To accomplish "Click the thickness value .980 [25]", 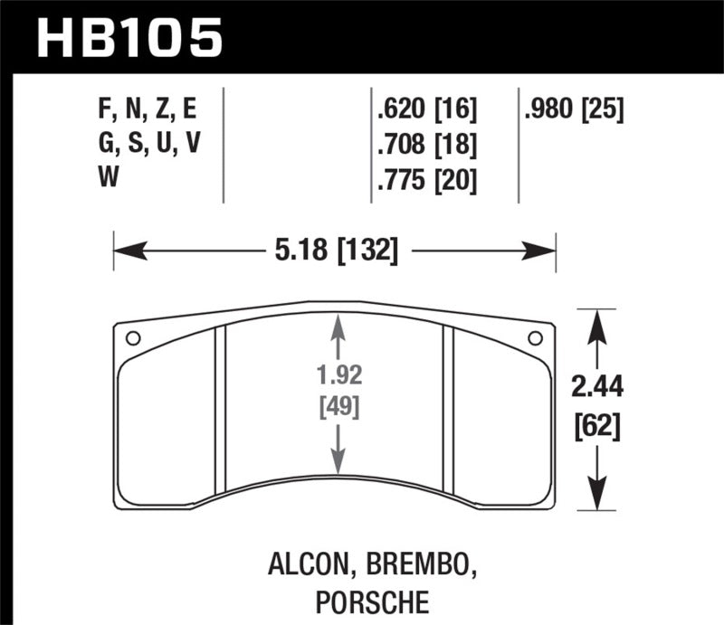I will [574, 110].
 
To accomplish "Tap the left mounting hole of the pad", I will [132, 339].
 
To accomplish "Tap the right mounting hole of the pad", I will [535, 339].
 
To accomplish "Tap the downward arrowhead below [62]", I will [598, 503].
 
